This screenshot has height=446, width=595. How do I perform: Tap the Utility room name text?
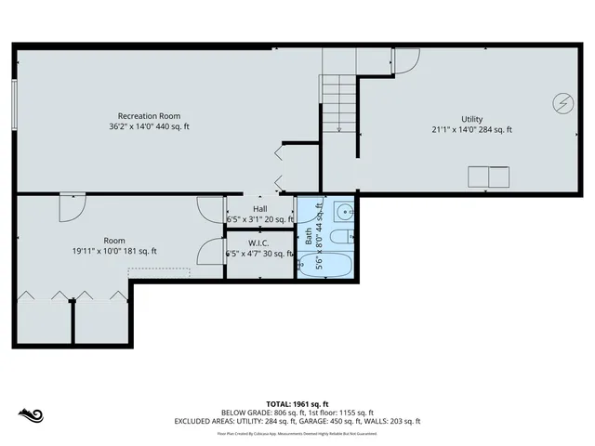pos(471,119)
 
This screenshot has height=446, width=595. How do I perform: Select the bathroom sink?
pos(344,211)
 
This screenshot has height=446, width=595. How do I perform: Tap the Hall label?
pos(259,209)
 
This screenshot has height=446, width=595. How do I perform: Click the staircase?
pos(339,102)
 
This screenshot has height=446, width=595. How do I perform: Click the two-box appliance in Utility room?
pos(488,177)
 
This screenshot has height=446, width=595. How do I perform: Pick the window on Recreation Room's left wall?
pos(14,102)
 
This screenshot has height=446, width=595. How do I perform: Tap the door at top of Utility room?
pos(404,60)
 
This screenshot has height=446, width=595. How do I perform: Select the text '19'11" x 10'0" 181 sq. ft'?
pos(114,252)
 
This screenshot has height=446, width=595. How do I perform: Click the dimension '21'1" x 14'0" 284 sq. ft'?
pos(471,130)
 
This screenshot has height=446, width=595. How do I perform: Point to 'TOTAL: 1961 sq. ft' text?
pos(297,404)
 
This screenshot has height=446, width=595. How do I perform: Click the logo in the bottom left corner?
pos(31,413)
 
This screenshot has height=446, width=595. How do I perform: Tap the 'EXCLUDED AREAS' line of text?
pos(297,421)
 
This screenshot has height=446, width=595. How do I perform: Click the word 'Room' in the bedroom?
pos(114,241)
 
